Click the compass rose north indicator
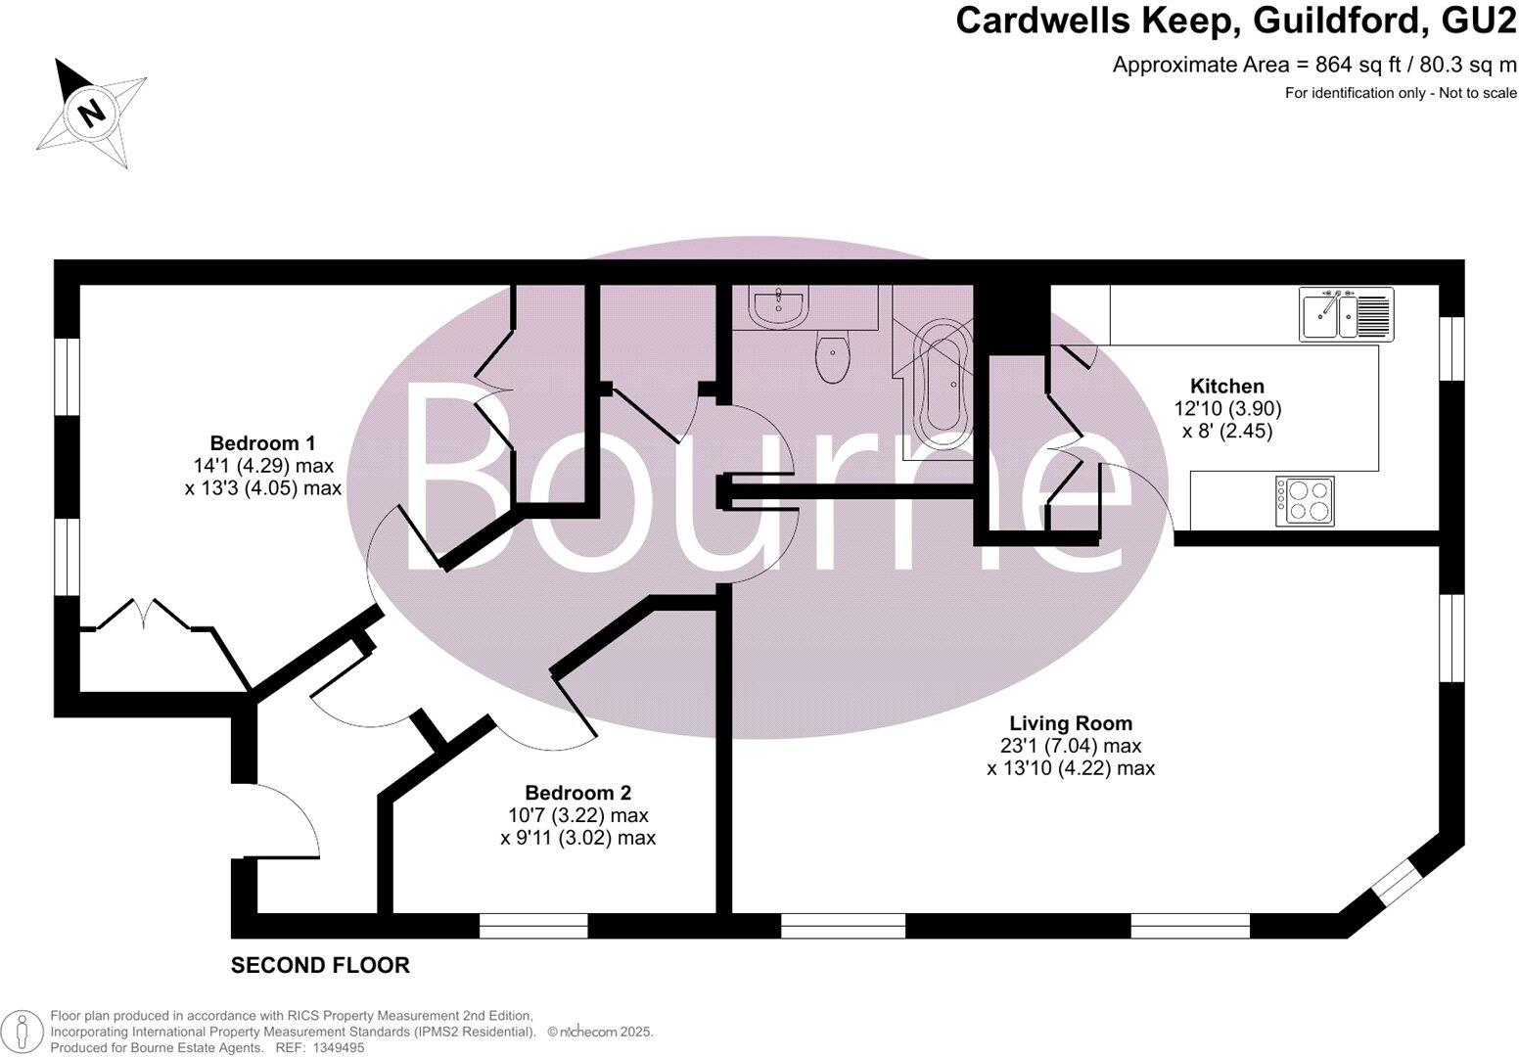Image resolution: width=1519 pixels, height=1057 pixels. coord(91,111)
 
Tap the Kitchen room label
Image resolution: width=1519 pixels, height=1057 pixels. coord(1226,387)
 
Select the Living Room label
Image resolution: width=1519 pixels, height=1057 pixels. coord(1071,724)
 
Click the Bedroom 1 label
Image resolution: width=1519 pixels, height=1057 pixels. coord(262,442)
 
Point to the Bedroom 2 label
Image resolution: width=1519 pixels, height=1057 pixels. coord(577,793)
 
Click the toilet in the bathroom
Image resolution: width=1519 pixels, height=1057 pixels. coord(833,359)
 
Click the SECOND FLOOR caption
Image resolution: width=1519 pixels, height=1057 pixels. coord(320,966)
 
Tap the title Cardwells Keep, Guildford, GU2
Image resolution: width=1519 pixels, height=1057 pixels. coord(1235,22)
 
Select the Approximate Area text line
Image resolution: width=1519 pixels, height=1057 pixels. coord(1314,66)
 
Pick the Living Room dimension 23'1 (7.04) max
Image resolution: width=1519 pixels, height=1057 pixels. coord(1071,747)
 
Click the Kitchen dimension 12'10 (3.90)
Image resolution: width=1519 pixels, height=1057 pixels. coord(1227,409)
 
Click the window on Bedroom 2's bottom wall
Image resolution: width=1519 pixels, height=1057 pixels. coord(533,925)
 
